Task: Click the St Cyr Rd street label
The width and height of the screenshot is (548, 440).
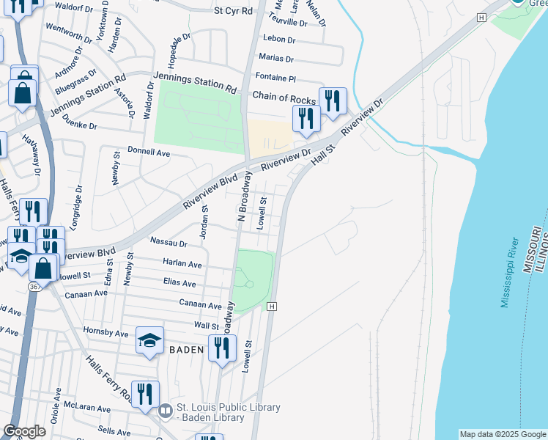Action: [233, 11]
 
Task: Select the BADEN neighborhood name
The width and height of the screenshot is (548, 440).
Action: [186, 350]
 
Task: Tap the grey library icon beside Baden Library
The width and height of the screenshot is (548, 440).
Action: [166, 409]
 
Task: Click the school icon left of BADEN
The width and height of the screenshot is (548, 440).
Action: [149, 341]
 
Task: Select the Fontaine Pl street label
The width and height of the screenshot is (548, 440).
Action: [275, 77]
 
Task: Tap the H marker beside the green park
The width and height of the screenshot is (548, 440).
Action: [272, 306]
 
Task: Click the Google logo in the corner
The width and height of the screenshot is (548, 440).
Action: [24, 431]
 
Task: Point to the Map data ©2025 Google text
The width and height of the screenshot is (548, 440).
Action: [503, 434]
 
